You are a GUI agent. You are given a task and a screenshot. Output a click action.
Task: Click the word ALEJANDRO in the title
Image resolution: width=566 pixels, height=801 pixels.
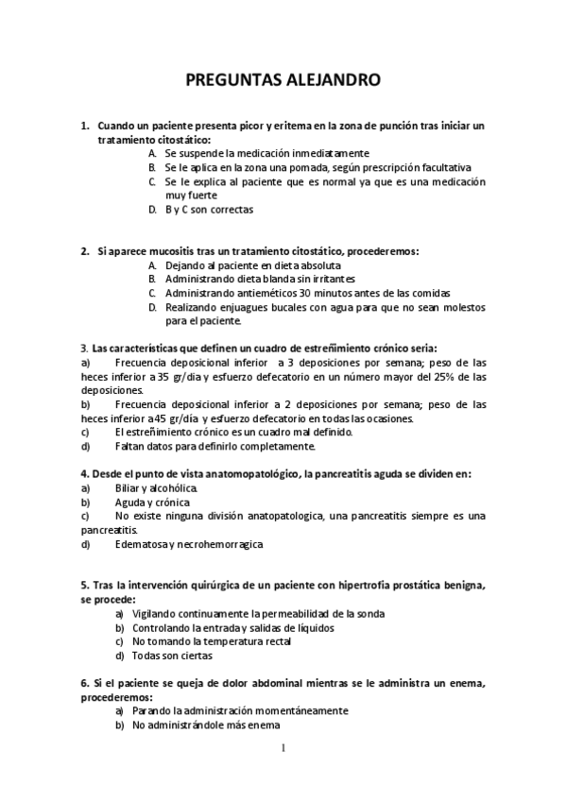331,80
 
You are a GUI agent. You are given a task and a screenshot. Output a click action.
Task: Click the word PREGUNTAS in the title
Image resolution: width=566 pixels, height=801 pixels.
231,80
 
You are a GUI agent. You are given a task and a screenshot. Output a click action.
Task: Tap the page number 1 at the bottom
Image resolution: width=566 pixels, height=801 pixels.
283,748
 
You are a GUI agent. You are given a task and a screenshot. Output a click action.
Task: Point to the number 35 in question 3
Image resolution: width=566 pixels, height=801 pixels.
163,375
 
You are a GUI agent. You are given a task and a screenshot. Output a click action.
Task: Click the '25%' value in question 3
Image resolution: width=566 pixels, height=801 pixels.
435,375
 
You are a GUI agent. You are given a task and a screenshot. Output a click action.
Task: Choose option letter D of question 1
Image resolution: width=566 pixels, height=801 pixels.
152,210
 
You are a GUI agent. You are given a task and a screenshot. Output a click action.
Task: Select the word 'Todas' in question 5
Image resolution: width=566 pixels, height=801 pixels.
148,656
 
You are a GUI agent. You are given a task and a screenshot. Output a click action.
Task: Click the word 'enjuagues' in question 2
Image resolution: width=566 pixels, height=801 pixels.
252,307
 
